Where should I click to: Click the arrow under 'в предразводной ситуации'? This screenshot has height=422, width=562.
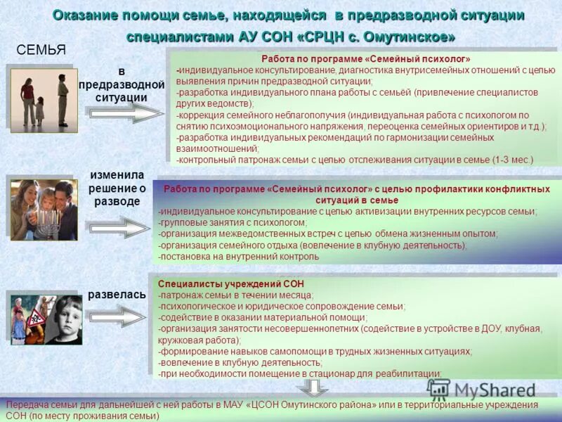click(x=125, y=113)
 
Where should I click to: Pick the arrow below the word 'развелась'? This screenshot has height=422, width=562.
click(x=118, y=316)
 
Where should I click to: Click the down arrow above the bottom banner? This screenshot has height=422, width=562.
click(x=307, y=388)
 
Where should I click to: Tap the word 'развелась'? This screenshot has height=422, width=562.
click(x=117, y=295)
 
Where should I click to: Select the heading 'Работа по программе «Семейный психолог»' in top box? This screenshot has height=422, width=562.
click(x=365, y=59)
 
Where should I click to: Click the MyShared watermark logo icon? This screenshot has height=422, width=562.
click(x=438, y=389)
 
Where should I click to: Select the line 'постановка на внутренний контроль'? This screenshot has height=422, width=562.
click(x=239, y=256)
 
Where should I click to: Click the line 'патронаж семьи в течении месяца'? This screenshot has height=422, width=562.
click(x=236, y=295)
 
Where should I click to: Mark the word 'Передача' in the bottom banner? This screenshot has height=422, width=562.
click(x=27, y=405)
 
